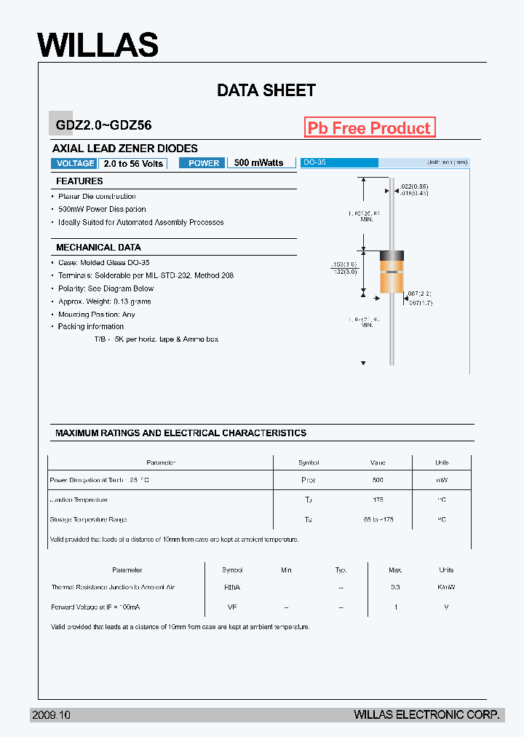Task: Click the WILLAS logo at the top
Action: tap(98, 45)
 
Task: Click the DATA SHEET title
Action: tap(266, 90)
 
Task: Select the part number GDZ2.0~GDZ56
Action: tap(103, 125)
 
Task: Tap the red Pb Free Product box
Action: tap(370, 128)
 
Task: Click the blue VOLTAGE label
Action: tap(75, 163)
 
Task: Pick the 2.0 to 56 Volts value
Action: tap(133, 163)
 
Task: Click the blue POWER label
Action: tap(204, 163)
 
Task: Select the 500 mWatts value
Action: tap(259, 163)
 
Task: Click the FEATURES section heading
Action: tap(80, 181)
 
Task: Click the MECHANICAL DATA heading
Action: tap(99, 248)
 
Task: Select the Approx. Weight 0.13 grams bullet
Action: tap(104, 301)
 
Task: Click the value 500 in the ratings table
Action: tap(378, 481)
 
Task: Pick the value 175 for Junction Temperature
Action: tap(378, 500)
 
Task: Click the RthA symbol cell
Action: tap(232, 588)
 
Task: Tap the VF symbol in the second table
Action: tap(232, 607)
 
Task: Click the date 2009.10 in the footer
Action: tap(51, 715)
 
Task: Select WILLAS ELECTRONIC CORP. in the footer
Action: tap(426, 715)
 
